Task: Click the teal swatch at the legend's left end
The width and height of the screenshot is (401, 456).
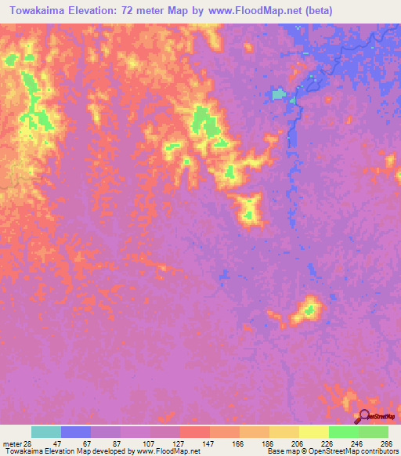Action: tap(46, 432)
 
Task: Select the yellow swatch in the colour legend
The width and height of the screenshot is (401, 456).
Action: tap(314, 432)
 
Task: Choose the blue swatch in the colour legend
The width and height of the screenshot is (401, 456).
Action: tap(76, 432)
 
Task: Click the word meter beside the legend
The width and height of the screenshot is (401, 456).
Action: tap(11, 443)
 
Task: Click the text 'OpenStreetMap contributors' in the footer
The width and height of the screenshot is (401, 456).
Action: tap(353, 451)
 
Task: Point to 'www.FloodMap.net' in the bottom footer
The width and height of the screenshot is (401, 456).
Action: tap(169, 451)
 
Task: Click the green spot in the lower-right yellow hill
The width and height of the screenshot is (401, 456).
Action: tap(309, 309)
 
